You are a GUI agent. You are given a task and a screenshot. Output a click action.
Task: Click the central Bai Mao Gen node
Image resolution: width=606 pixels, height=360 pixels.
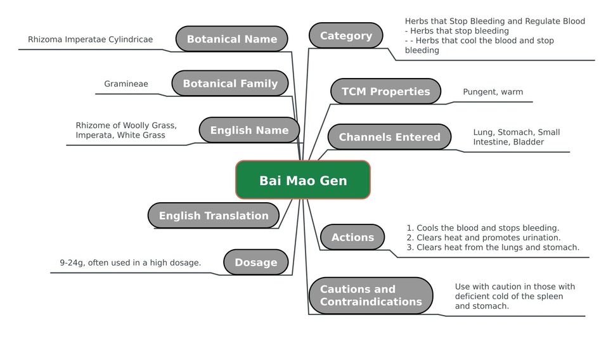pos(303,180)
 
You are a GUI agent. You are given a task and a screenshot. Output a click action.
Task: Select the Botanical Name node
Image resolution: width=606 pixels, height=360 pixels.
pos(232,39)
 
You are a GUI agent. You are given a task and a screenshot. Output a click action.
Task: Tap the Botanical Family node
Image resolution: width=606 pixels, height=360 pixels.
pos(230,83)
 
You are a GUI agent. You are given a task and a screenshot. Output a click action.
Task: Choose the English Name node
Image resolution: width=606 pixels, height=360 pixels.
pos(249,130)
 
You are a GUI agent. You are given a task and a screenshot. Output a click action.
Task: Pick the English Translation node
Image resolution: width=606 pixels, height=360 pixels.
pos(214,215)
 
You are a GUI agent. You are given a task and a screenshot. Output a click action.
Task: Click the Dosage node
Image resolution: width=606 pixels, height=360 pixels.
pos(256,262)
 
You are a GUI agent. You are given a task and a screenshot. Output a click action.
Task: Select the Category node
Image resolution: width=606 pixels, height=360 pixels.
pos(346,35)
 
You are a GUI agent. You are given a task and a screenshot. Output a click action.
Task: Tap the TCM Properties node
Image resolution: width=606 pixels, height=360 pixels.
pos(385,91)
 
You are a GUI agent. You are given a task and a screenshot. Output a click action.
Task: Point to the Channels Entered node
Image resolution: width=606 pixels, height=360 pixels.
pos(390,137)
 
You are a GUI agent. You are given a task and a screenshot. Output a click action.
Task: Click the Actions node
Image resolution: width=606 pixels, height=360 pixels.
pos(352,237)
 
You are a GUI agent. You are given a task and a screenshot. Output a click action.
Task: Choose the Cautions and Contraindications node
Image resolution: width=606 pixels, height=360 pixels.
pos(371,295)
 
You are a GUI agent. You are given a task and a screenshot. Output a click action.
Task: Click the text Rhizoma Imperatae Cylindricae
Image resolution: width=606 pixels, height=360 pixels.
pos(91,39)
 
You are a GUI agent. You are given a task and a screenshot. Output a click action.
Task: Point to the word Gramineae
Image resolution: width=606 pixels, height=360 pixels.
pos(126,84)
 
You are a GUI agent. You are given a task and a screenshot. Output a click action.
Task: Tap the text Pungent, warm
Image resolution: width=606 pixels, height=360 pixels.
pos(493,92)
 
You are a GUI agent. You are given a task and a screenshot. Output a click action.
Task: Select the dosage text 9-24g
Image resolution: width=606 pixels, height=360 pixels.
pos(74,262)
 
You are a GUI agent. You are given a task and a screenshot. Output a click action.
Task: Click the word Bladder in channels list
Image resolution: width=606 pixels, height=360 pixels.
pos(529,142)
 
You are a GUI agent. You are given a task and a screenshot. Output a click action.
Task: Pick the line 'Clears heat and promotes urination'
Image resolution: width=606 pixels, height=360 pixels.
pos(484,238)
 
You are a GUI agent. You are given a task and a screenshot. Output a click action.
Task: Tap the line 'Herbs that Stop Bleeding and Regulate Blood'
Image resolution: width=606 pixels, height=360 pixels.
pos(495,22)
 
